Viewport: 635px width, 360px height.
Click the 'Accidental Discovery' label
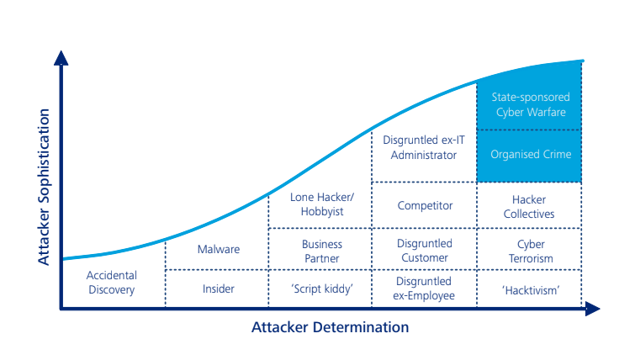click(x=112, y=282)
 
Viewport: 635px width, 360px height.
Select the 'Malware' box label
click(x=218, y=250)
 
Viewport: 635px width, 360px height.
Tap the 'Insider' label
click(x=218, y=289)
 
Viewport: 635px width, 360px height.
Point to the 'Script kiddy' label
click(x=320, y=289)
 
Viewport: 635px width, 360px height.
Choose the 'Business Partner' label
click(x=322, y=251)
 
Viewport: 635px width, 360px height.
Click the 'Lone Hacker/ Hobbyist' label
click(x=322, y=205)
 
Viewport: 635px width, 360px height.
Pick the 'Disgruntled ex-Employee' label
click(x=424, y=289)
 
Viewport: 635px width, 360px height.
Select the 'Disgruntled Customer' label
click(x=424, y=251)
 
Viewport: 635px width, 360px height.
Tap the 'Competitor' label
click(x=425, y=205)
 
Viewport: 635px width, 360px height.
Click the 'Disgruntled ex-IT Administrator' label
click(x=424, y=148)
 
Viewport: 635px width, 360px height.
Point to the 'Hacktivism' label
click(x=529, y=289)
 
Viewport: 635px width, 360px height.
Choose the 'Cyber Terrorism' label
click(x=529, y=251)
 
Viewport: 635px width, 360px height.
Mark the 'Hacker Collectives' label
click(x=529, y=207)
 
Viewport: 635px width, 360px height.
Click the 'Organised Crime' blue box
click(x=530, y=155)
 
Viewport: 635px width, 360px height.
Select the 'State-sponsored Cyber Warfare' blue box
click(x=530, y=104)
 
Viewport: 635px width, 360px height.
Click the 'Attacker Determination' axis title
click(x=330, y=328)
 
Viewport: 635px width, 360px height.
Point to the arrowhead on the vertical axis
click(x=61, y=57)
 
